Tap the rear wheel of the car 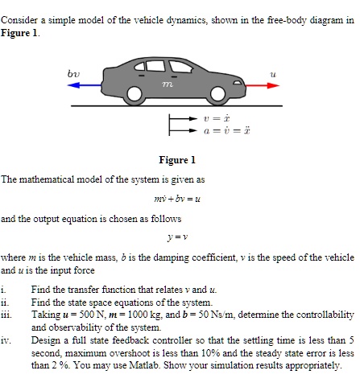(x=134, y=95)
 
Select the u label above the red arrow (x=274, y=72)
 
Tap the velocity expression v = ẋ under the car (x=209, y=117)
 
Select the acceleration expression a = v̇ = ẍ (x=213, y=130)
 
